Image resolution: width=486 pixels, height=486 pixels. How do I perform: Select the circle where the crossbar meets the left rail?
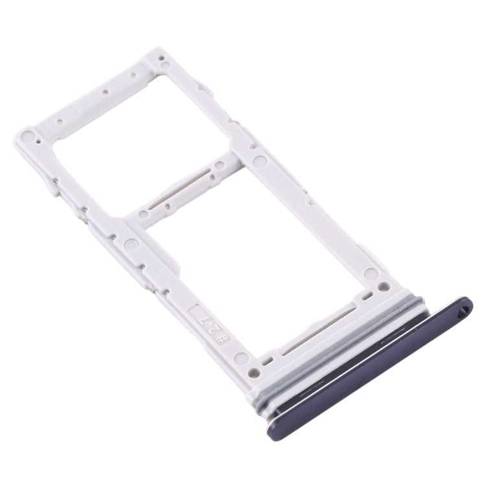[132, 245]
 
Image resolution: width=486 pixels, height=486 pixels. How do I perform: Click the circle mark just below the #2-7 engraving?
[241, 357]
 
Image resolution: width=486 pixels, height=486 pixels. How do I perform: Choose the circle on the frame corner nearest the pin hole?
[371, 274]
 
